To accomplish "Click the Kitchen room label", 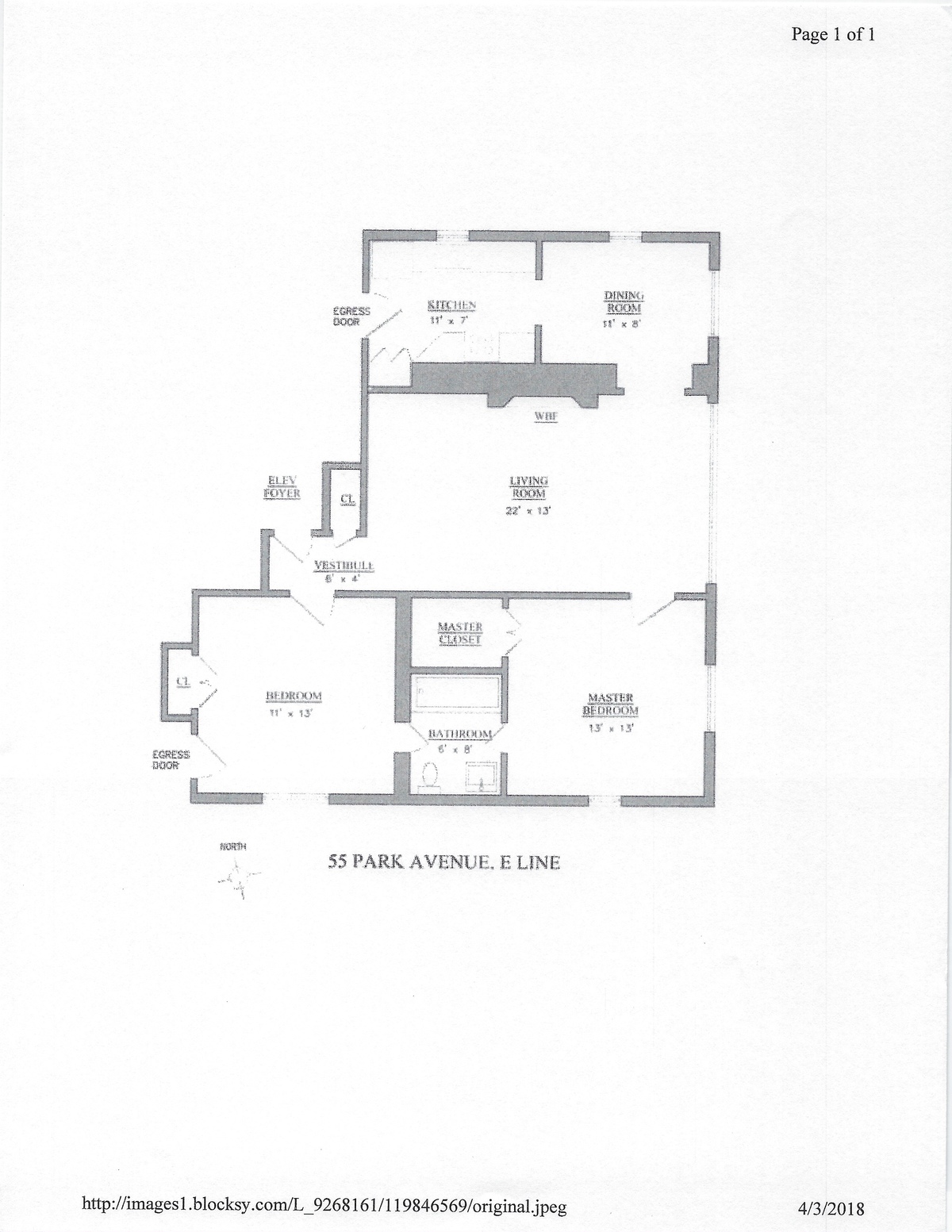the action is pos(451,305).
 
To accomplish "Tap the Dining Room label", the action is pos(624,301).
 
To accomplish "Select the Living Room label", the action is pos(528,487).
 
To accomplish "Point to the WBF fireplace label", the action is pos(545,417).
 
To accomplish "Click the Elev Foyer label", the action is pos(282,486).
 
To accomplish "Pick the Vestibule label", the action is pos(344,566).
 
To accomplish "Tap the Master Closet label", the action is pos(460,633).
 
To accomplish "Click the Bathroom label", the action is pos(460,734).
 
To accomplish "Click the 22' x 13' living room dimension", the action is pos(528,511).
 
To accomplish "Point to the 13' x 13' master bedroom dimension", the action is pos(610,727).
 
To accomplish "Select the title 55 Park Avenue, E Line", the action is pos(444,862).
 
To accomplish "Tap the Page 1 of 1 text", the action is pos(833,34).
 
